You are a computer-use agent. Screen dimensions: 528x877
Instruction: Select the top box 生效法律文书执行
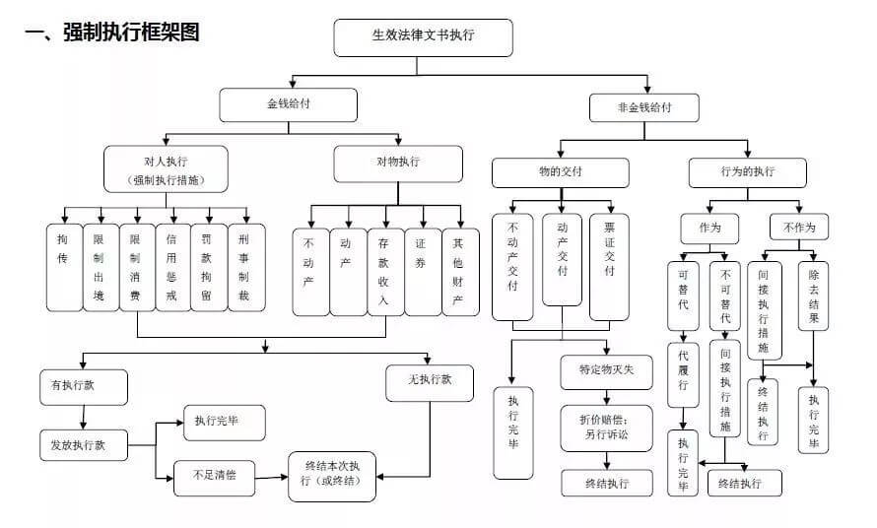pos(424,37)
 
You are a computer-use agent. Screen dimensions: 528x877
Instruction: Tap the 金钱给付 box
pos(287,103)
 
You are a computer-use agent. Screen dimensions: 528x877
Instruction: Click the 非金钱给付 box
pos(644,108)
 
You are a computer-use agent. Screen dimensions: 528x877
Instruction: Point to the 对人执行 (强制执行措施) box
pos(166,168)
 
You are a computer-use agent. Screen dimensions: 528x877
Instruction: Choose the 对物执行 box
pos(397,163)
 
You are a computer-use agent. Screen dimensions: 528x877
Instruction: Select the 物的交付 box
pos(560,172)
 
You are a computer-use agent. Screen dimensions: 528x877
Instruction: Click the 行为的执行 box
pos(746,172)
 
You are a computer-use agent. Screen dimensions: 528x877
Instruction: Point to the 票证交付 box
pos(608,266)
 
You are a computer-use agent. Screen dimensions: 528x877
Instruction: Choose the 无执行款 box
pos(429,382)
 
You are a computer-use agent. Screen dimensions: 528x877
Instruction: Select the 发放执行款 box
pos(84,445)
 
